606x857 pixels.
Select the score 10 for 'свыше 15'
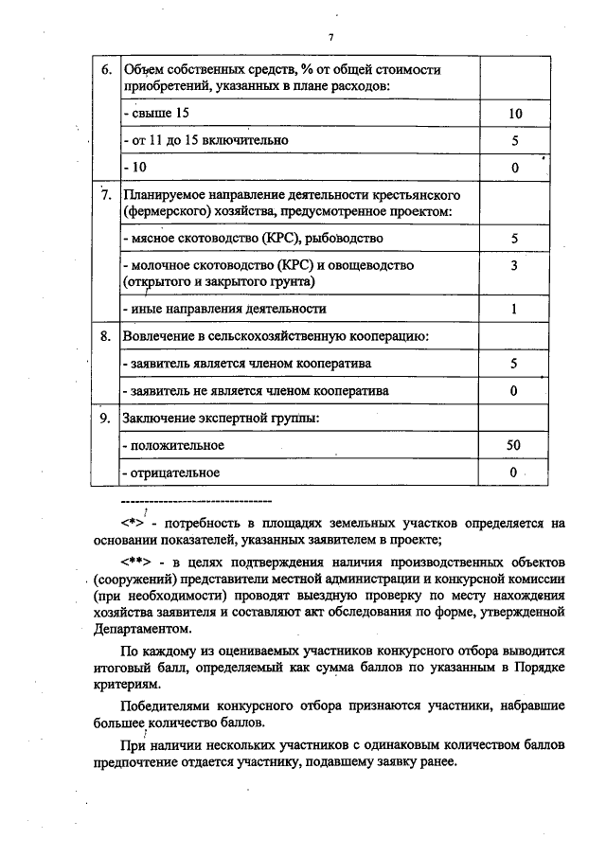pyautogui.click(x=514, y=114)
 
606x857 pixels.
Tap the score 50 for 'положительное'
pyautogui.click(x=514, y=444)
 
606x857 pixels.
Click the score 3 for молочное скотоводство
pyautogui.click(x=514, y=266)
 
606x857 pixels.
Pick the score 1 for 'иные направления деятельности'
pyautogui.click(x=514, y=309)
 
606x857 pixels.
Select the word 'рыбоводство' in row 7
pyautogui.click(x=348, y=239)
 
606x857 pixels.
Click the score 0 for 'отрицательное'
pyautogui.click(x=514, y=472)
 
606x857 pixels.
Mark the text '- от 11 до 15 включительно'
pyautogui.click(x=205, y=140)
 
